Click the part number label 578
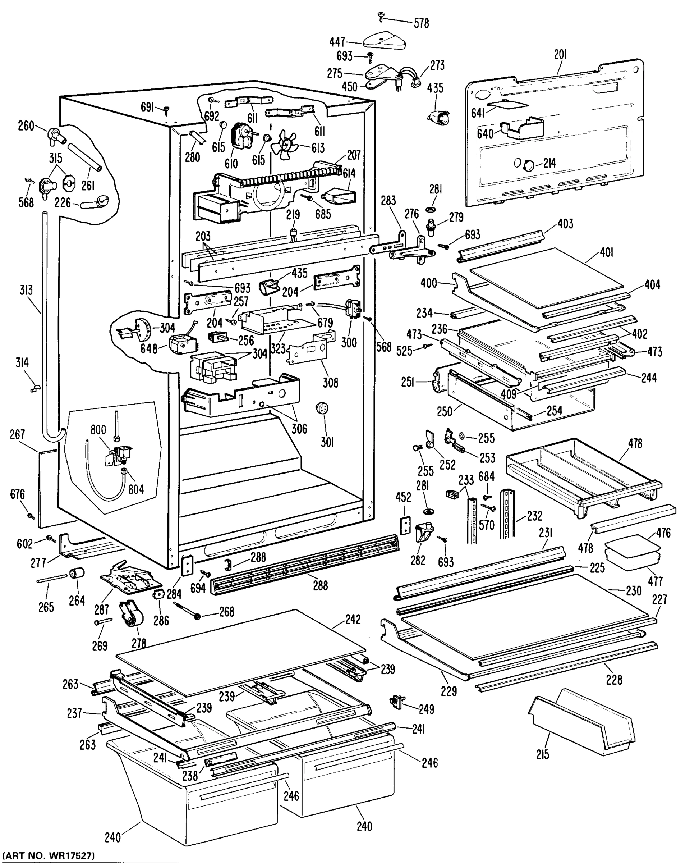[x=421, y=24]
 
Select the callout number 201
[x=560, y=54]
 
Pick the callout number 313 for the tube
[x=26, y=290]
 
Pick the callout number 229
[x=448, y=691]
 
